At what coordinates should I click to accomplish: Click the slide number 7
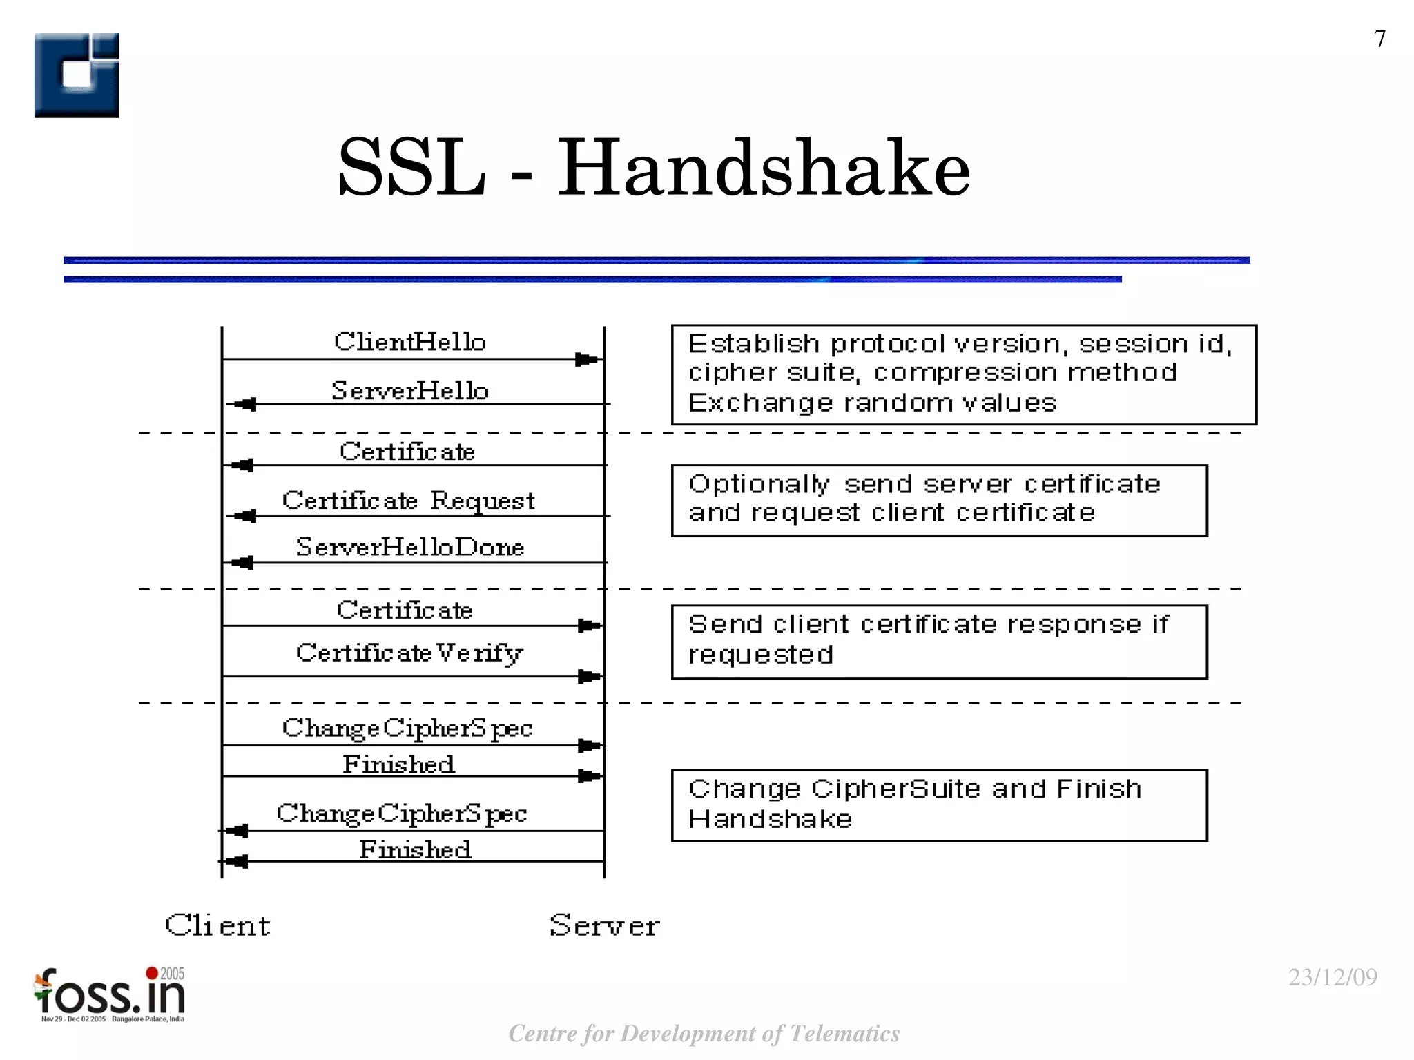(x=1379, y=39)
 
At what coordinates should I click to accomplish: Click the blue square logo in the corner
(x=77, y=75)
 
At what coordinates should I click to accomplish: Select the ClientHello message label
(x=410, y=342)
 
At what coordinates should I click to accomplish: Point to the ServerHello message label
(x=410, y=391)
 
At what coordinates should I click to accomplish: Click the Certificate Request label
(x=409, y=501)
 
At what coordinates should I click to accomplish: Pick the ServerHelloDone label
(x=410, y=548)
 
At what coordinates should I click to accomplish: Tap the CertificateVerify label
(x=409, y=653)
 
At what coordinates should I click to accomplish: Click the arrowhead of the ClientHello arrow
(x=587, y=360)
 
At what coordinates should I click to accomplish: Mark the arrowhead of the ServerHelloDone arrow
(x=242, y=563)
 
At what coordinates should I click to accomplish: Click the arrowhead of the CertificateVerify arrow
(x=589, y=677)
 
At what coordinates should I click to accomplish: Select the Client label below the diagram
(x=218, y=925)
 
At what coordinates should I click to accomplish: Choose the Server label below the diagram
(x=605, y=925)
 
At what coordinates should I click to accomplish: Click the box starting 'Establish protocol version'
(x=964, y=374)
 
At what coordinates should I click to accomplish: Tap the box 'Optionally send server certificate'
(x=939, y=500)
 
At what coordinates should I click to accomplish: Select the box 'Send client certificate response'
(x=939, y=642)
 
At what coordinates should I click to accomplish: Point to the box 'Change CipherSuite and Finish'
(x=939, y=805)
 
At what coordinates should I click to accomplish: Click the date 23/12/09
(x=1333, y=977)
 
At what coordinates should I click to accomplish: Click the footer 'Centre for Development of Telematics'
(x=704, y=1034)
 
